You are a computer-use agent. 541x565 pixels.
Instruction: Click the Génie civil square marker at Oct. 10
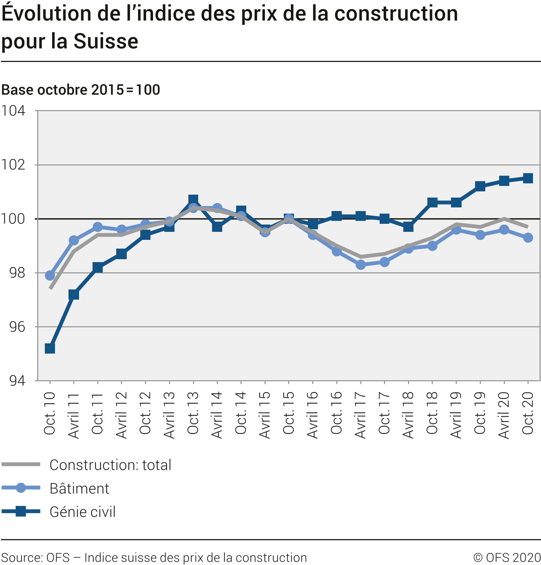50,348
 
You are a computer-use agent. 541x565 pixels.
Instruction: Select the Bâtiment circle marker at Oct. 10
50,275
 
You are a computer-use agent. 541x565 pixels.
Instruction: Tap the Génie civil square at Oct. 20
528,178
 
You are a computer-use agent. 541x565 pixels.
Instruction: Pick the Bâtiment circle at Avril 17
361,265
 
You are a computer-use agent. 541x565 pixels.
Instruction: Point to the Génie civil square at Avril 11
74,294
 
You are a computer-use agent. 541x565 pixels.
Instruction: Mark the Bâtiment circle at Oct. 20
528,238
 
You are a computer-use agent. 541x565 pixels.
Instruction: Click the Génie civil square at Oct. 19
480,186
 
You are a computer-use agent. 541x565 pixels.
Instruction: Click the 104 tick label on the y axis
13,111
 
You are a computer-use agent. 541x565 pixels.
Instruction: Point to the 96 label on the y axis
17,327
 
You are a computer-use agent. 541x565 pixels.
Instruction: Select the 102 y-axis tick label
13,165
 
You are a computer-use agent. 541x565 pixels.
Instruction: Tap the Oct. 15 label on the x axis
289,413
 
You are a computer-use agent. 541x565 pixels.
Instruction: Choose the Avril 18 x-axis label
408,415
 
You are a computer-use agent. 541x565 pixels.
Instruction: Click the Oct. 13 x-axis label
193,413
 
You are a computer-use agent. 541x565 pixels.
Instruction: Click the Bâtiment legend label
79,488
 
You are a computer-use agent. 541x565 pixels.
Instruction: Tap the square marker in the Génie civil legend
21,512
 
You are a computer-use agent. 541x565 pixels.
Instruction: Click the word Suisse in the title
106,41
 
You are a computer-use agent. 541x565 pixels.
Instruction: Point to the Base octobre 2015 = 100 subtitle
81,90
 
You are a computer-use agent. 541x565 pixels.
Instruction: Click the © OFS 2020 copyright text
507,558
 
